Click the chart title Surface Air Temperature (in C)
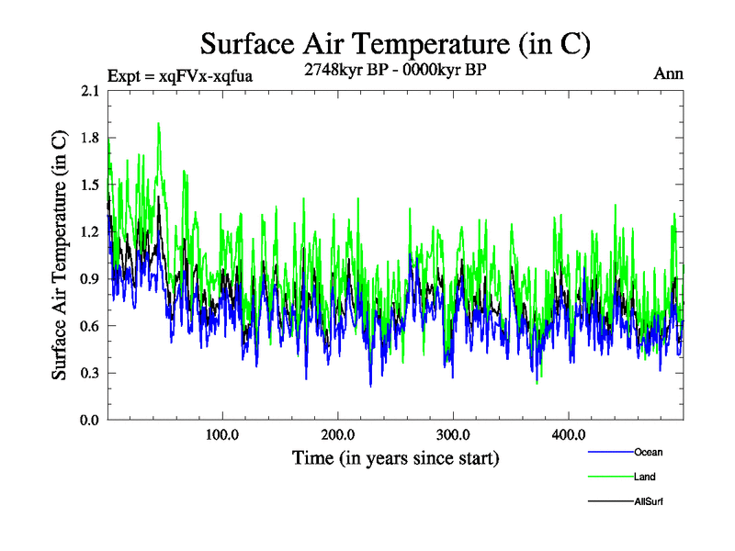(x=395, y=44)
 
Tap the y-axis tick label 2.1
(x=92, y=91)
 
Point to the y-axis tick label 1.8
(x=92, y=138)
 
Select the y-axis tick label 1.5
(x=92, y=185)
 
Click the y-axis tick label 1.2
(x=92, y=231)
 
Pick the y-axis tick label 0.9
(x=92, y=278)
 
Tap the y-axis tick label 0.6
(x=92, y=325)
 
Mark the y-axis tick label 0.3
(x=92, y=372)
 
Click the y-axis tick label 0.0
(x=92, y=420)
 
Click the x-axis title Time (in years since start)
(x=396, y=457)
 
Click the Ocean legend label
(x=648, y=452)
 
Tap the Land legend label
(x=644, y=477)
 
